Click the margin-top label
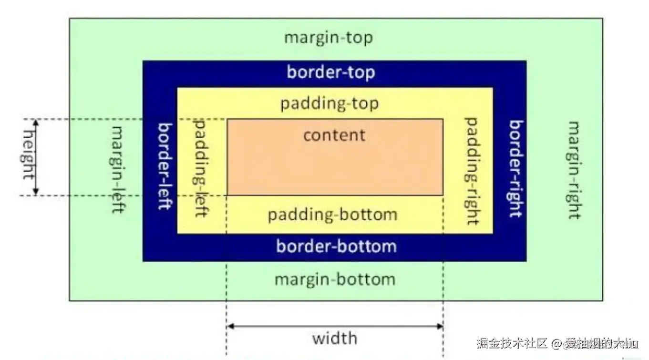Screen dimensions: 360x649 328,38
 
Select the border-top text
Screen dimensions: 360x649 330,72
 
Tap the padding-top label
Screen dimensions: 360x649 329,103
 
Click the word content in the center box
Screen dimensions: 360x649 334,135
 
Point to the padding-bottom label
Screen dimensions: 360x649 332,214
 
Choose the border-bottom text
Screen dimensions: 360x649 336,247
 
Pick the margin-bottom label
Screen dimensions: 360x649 335,279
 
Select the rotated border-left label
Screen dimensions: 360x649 165,166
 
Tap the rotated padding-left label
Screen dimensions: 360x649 200,168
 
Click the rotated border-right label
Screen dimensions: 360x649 515,168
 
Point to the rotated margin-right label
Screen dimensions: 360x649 574,170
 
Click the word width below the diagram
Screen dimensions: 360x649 334,338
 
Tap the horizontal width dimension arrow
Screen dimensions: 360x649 335,327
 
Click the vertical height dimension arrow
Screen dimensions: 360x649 36,157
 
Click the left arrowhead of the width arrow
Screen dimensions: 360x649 229,327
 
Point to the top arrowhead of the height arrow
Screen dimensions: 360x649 36,122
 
